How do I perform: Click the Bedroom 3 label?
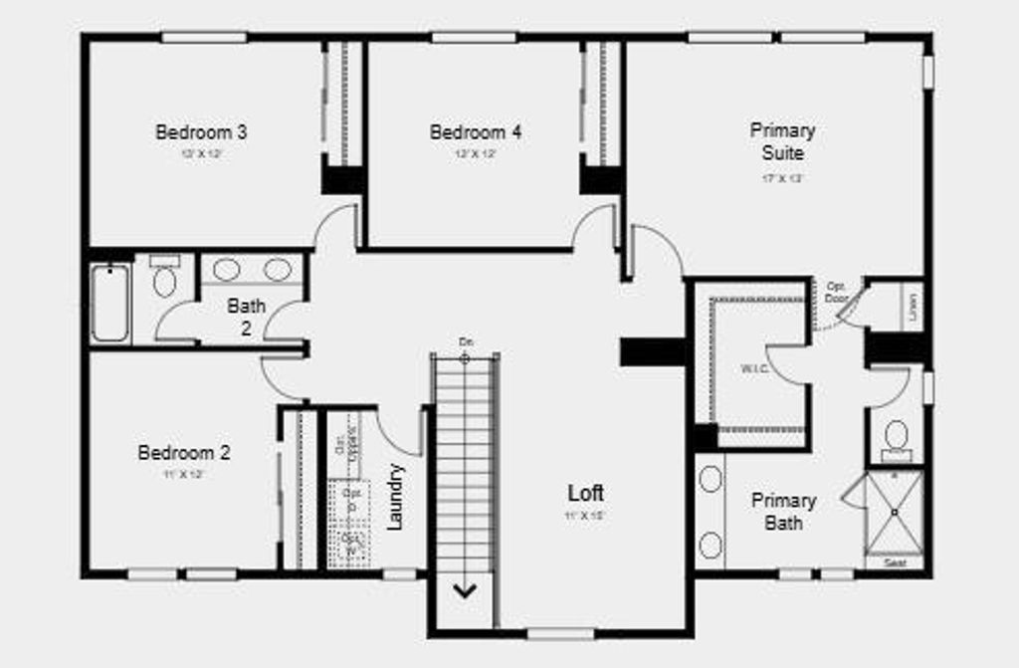(x=201, y=131)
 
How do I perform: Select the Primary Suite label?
(x=782, y=141)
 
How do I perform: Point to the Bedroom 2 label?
(x=184, y=453)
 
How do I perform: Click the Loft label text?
(x=585, y=493)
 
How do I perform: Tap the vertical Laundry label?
(x=395, y=497)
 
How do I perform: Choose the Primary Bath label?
(x=783, y=511)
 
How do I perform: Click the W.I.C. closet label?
(x=753, y=367)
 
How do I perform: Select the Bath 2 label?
(x=246, y=317)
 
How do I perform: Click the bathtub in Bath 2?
(x=109, y=302)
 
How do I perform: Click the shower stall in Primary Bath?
(x=894, y=512)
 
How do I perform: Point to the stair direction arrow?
(x=465, y=589)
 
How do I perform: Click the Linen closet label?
(x=913, y=306)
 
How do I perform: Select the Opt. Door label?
(x=836, y=292)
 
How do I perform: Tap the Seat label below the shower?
(x=895, y=563)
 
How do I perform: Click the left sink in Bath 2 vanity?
(x=227, y=270)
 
